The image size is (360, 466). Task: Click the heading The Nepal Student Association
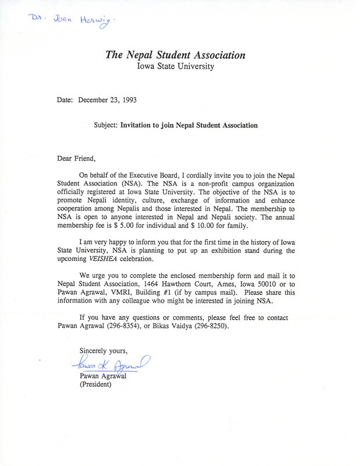175,55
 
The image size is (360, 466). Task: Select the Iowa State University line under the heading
175,66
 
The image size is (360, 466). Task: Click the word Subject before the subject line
105,125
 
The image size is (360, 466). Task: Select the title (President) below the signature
95,386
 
